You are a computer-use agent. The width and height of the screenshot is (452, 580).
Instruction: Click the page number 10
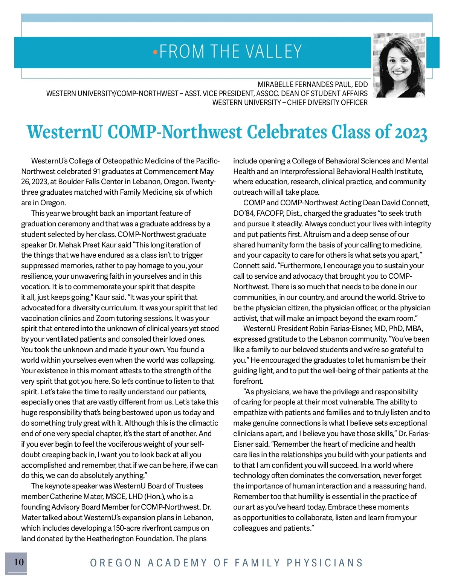[19, 562]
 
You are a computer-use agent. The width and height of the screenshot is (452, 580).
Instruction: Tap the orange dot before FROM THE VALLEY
[155, 52]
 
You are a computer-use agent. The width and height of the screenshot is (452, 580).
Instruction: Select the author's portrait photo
[399, 65]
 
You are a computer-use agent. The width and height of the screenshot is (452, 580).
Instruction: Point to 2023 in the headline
[411, 133]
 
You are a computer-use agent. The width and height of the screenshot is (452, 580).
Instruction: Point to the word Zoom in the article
[105, 318]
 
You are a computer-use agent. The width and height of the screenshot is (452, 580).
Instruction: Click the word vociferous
[147, 444]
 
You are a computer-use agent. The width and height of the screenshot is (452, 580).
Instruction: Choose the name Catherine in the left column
[66, 496]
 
